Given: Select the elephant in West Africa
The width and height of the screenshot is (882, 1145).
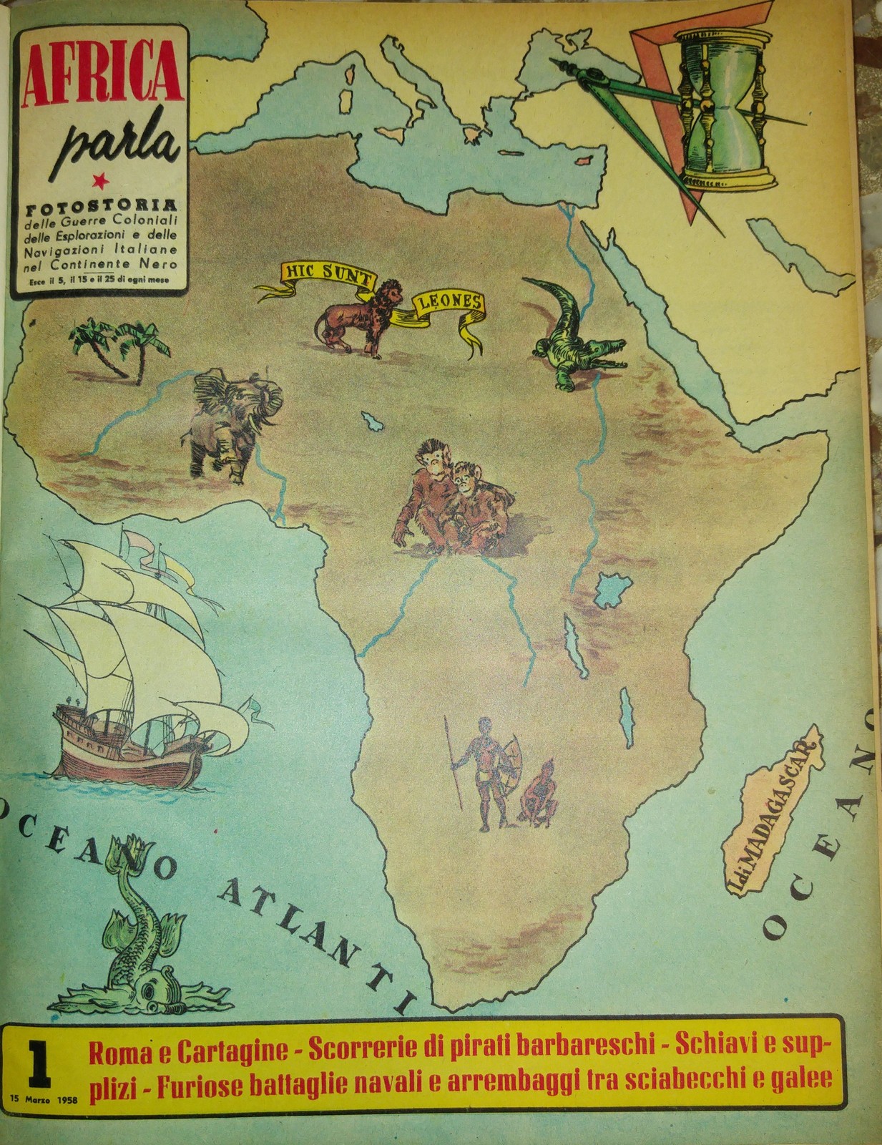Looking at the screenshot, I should point(230,422).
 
